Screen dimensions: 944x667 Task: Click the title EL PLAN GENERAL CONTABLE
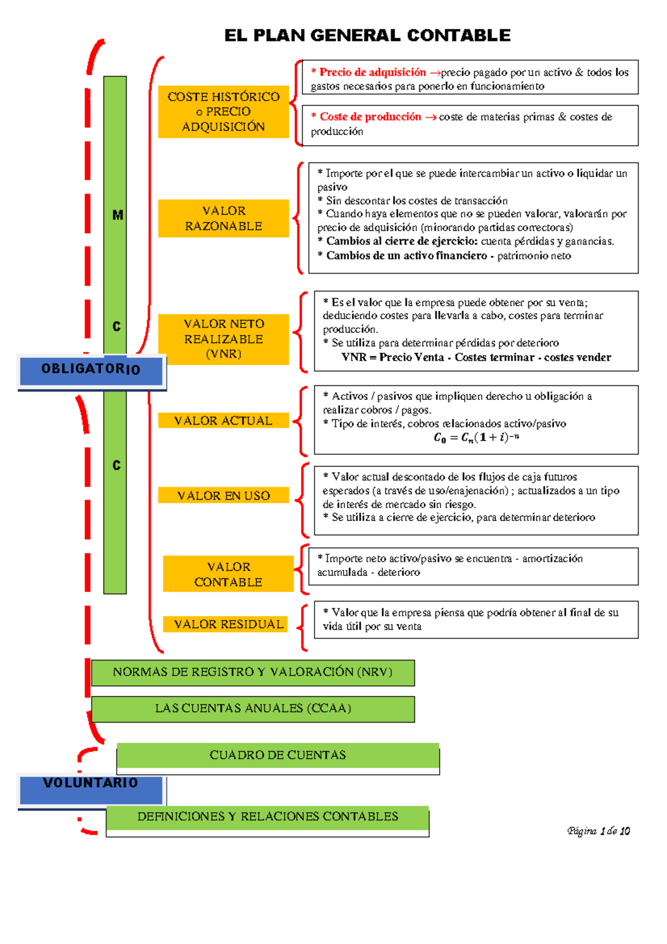tap(367, 36)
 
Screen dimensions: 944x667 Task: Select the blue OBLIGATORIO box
tap(91, 370)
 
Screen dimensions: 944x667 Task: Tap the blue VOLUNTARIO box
tap(91, 789)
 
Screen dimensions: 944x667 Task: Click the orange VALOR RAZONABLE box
tap(223, 218)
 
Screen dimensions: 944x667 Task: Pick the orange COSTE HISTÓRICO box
tap(223, 112)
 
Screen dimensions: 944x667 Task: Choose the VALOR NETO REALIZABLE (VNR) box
tap(223, 339)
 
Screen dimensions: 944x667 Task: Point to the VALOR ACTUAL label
tap(223, 421)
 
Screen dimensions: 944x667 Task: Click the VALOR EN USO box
tap(223, 495)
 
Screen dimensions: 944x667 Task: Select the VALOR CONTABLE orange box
tap(228, 574)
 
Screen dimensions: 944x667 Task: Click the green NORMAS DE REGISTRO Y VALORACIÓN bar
tap(253, 673)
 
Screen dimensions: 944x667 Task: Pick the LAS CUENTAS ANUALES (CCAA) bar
tap(253, 709)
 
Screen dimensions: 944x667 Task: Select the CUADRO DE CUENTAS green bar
tap(278, 756)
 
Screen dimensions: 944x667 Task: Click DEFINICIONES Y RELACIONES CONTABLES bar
tap(267, 817)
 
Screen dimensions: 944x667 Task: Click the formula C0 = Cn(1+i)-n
tap(476, 438)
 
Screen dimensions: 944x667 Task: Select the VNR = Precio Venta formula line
tap(476, 357)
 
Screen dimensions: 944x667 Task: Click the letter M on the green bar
tap(117, 215)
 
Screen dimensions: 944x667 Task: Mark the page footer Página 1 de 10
tap(598, 831)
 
